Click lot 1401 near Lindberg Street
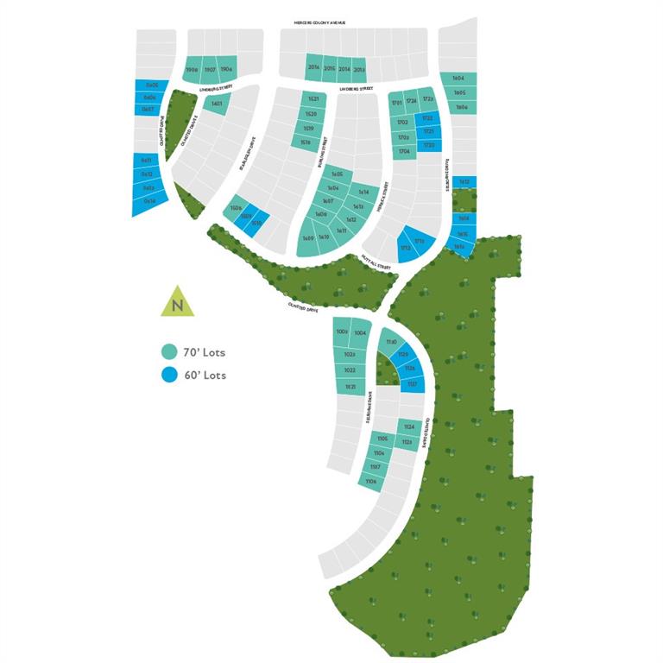coord(217,104)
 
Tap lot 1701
coord(397,103)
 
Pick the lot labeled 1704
coord(404,151)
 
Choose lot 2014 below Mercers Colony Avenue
coord(344,68)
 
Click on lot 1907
coord(208,69)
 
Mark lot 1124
coord(408,427)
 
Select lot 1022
coord(350,370)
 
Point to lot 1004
coord(361,331)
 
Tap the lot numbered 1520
coord(311,115)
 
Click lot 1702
coord(402,123)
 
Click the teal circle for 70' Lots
coord(169,352)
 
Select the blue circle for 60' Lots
coord(169,375)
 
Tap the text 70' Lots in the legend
coord(205,352)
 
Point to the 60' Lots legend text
coord(205,375)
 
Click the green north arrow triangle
coord(177,302)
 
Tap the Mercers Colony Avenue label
coord(319,22)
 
